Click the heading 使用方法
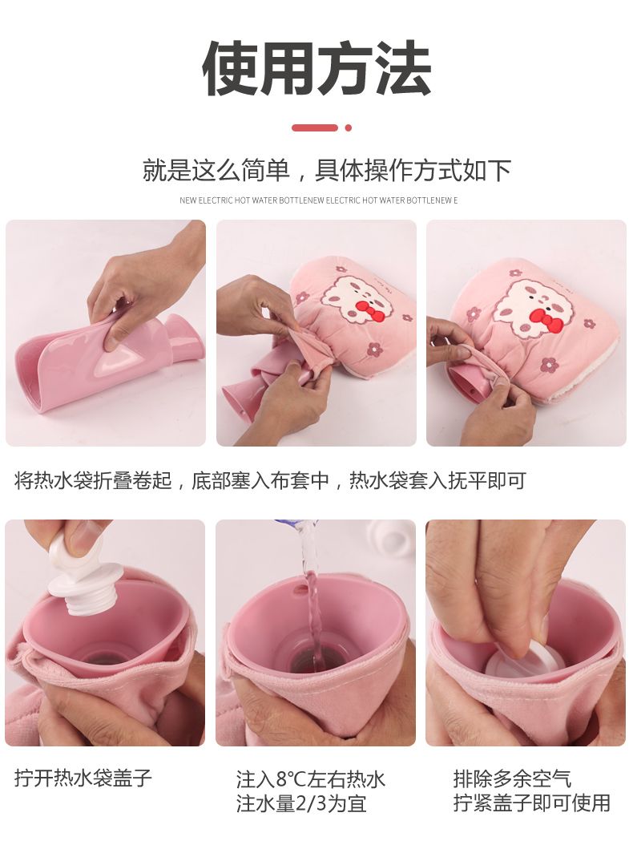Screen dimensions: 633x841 316,69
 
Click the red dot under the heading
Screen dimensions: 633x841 349,127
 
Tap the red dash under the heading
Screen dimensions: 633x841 315,127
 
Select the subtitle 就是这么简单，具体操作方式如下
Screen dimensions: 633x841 326,171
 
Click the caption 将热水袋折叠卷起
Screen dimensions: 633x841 93,480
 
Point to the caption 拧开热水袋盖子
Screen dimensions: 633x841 83,778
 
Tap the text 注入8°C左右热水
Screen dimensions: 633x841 310,779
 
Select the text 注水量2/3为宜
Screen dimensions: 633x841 301,804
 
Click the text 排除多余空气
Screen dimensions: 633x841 512,778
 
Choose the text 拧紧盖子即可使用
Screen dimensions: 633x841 532,803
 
